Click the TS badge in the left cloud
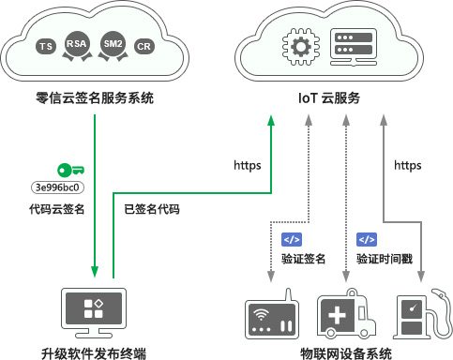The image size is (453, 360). tap(45, 46)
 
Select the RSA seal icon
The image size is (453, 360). tap(77, 45)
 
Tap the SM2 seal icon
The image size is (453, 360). tap(113, 45)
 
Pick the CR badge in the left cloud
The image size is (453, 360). tap(143, 46)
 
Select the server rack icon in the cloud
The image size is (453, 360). tap(354, 46)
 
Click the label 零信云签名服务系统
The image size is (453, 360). tap(95, 98)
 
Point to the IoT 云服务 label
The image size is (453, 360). tap(328, 98)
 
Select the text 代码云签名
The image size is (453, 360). tap(57, 209)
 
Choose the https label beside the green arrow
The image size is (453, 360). tap(247, 166)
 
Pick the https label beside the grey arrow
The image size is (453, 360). tap(407, 166)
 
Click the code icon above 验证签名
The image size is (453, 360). tap(292, 239)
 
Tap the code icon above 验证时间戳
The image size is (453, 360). tap(367, 239)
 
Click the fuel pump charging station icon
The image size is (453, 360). tap(417, 316)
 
